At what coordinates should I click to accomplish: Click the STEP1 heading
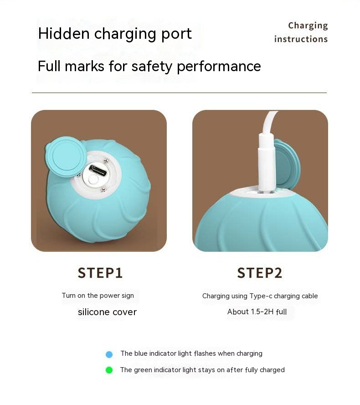(x=100, y=273)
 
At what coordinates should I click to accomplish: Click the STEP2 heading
(x=260, y=273)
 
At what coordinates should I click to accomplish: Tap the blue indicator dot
(x=109, y=354)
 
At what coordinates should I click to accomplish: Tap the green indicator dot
(x=109, y=370)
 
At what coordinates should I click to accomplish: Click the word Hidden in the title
(x=63, y=34)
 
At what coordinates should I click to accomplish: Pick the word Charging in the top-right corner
(x=308, y=26)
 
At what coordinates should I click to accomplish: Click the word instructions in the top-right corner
(x=301, y=39)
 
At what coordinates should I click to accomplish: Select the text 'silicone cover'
(x=107, y=312)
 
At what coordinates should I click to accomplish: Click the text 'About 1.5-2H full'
(x=257, y=312)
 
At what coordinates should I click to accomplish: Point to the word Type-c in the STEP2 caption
(x=261, y=296)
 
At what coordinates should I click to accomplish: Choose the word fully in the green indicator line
(x=251, y=370)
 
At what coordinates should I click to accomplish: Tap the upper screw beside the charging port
(x=106, y=161)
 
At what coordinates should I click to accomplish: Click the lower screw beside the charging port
(x=103, y=189)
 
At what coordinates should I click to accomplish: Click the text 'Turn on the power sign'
(x=98, y=296)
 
